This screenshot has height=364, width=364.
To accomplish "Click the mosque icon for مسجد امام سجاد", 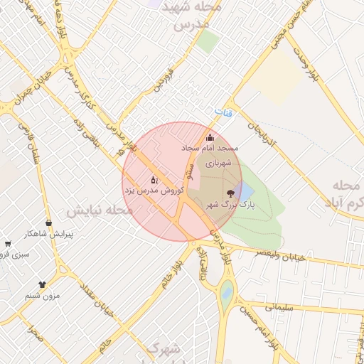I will [209, 138].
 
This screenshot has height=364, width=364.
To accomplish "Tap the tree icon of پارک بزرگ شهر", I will [230, 193].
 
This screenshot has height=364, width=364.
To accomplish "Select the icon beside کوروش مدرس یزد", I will [154, 181].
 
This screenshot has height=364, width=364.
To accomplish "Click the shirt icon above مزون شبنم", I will [42, 285].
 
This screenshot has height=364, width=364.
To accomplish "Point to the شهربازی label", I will [219, 162].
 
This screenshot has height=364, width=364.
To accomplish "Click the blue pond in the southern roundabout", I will [226, 291].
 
